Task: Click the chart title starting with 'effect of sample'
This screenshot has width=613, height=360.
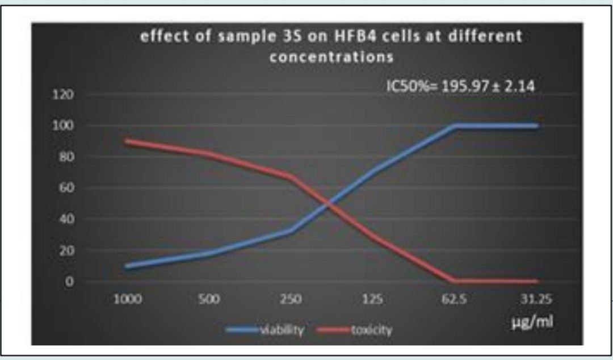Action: tap(331, 47)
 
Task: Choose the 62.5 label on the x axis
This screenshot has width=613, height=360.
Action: tap(456, 299)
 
